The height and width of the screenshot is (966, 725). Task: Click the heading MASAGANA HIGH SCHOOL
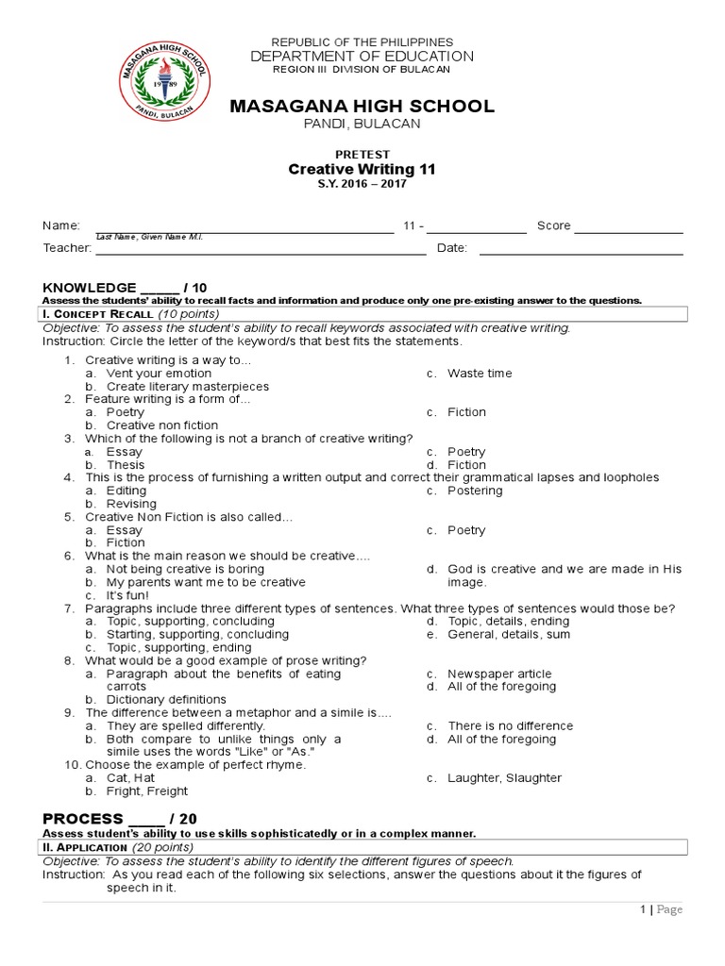(x=362, y=107)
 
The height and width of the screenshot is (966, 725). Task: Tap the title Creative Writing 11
(x=362, y=169)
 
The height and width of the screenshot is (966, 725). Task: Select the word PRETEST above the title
(x=362, y=154)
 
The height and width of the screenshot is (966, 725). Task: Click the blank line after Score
(x=628, y=229)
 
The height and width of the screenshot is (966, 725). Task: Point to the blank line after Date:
(x=581, y=252)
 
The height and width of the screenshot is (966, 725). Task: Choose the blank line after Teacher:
(x=260, y=252)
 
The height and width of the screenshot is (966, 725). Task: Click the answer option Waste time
(x=480, y=374)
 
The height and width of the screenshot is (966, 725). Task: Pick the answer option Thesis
(x=126, y=465)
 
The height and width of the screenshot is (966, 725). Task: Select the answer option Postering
(x=475, y=491)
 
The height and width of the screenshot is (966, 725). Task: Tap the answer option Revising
(x=131, y=504)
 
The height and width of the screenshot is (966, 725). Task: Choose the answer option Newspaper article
(x=499, y=674)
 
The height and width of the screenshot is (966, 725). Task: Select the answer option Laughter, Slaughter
(x=504, y=778)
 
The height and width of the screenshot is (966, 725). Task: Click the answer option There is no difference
(x=510, y=726)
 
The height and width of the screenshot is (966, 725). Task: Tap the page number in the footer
(x=642, y=909)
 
